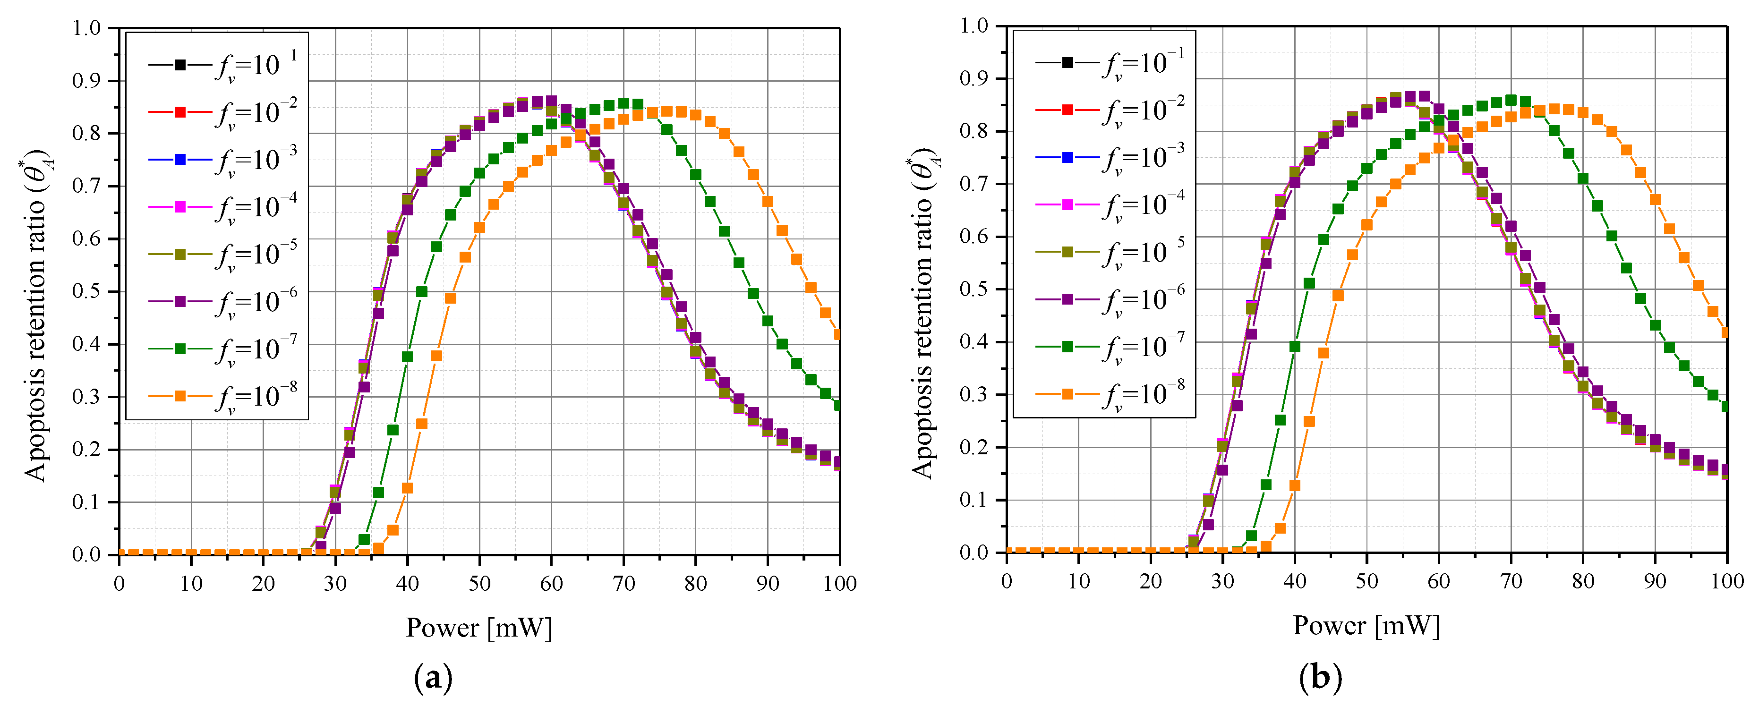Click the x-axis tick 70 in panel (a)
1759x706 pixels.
(623, 584)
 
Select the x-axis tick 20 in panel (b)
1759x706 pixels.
(1151, 582)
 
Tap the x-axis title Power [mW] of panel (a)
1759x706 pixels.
(478, 628)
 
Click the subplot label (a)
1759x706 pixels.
(433, 678)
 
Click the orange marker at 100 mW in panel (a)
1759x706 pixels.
(838, 334)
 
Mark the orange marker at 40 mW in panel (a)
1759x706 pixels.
(408, 488)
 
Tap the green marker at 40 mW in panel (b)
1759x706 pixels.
(1295, 347)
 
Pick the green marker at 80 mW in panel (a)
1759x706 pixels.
(696, 175)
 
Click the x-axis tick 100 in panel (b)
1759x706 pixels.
(1727, 582)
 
